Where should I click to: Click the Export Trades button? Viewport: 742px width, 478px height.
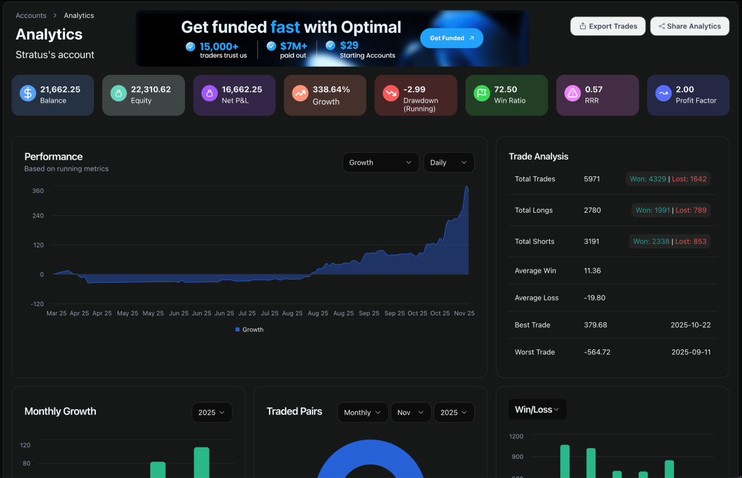[x=608, y=26]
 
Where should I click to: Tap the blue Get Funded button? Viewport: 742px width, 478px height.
[x=451, y=38]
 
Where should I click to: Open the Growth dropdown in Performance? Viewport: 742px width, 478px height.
[x=380, y=163]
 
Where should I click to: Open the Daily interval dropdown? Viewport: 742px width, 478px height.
[x=449, y=163]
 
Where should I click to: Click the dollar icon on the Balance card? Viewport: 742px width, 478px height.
[x=28, y=93]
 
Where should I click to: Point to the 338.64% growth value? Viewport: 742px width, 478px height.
[x=331, y=90]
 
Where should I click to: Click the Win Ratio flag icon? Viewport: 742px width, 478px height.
[x=482, y=93]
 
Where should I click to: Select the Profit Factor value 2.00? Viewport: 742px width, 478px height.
[x=685, y=90]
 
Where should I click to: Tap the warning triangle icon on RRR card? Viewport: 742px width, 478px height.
[x=573, y=93]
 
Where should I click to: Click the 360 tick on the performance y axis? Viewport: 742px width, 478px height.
[x=38, y=191]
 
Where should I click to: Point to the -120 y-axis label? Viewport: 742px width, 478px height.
[x=37, y=304]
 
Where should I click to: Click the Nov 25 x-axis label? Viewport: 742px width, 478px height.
[x=463, y=314]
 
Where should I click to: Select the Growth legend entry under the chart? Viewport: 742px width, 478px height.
[x=250, y=330]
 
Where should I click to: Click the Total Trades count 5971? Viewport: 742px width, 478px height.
[x=592, y=179]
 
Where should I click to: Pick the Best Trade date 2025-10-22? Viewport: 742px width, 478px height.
[x=691, y=325]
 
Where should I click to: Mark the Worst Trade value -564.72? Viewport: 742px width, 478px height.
[x=597, y=352]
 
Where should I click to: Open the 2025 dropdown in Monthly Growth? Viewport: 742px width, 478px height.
[x=211, y=412]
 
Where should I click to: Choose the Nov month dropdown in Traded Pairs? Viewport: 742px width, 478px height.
[x=411, y=412]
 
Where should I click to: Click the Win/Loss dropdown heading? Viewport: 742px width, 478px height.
[x=537, y=409]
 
